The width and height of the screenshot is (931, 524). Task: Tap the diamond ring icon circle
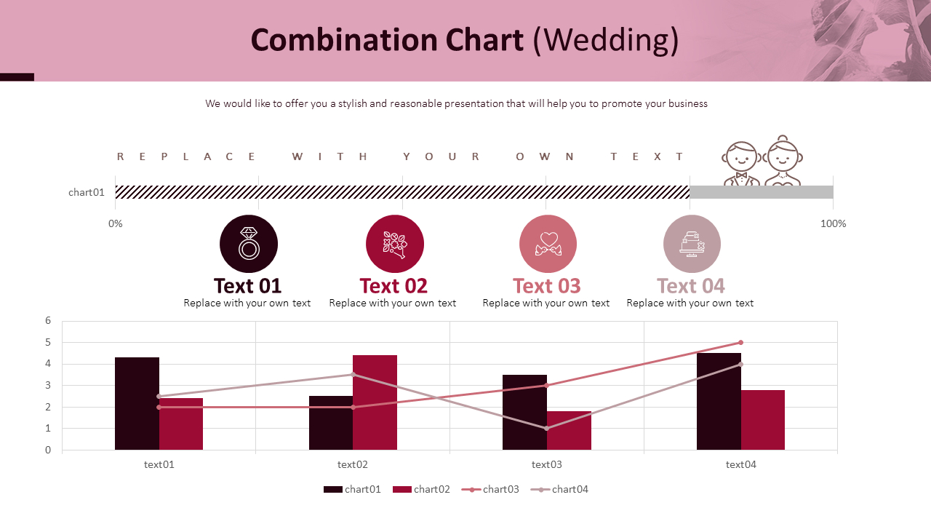(x=249, y=244)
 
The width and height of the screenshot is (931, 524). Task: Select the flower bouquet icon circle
(x=395, y=244)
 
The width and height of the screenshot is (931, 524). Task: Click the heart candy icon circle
(x=548, y=244)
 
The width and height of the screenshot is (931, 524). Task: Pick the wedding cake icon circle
(x=692, y=244)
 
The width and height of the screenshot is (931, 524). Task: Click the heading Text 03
(x=547, y=285)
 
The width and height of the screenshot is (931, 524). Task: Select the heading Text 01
(x=247, y=285)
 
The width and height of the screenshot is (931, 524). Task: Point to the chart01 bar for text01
(x=137, y=403)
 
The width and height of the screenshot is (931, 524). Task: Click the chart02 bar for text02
(x=375, y=402)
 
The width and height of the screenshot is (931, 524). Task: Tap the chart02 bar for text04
(x=762, y=420)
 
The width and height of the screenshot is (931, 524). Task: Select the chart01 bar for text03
(x=524, y=412)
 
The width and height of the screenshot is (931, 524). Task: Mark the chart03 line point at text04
(x=740, y=342)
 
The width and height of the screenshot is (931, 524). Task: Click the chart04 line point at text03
(x=547, y=428)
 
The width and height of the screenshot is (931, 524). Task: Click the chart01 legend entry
(x=353, y=489)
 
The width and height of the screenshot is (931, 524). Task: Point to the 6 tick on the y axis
(x=48, y=320)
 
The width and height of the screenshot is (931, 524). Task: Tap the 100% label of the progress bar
(x=833, y=223)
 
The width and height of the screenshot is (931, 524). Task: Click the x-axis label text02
(x=353, y=464)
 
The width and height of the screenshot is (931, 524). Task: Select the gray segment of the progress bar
(x=761, y=192)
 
